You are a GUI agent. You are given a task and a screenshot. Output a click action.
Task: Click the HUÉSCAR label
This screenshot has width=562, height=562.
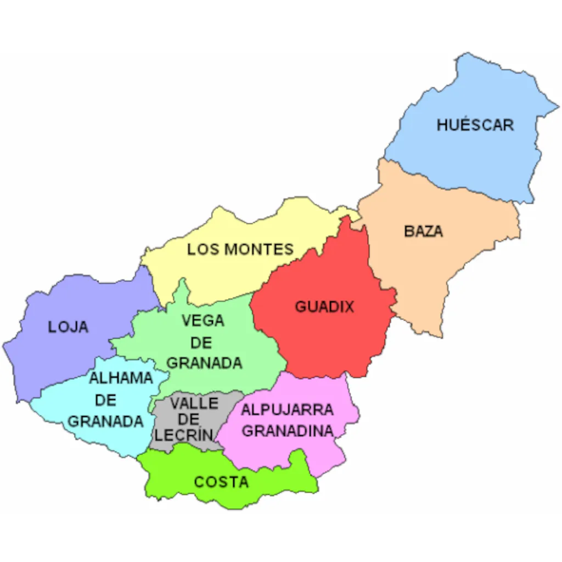[x=475, y=125]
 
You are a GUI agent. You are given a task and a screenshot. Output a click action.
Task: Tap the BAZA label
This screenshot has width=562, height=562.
[x=423, y=231]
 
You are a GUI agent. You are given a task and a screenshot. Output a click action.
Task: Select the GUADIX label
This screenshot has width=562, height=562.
[x=325, y=307]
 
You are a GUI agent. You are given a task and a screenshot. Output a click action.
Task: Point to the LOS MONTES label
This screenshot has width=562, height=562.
[x=240, y=250]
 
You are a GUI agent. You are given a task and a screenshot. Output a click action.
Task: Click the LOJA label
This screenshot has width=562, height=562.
[x=68, y=327]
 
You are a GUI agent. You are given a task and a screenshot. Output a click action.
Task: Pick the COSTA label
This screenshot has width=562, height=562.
[x=221, y=482]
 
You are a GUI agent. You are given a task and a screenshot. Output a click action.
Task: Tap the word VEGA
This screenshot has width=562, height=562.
[x=203, y=320]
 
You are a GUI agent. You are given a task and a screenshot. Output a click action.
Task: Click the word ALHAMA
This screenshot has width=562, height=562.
[x=121, y=378]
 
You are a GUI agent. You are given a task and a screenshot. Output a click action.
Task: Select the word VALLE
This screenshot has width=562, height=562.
[x=194, y=403]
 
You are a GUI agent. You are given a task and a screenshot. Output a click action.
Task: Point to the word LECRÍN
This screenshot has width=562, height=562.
[x=183, y=435]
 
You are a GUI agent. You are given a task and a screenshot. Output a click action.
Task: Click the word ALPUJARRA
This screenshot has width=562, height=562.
[x=287, y=410]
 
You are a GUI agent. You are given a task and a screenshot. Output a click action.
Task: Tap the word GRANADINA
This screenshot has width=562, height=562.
[x=288, y=431]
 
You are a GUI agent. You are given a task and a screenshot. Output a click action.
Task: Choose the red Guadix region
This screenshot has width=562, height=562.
[x=329, y=340]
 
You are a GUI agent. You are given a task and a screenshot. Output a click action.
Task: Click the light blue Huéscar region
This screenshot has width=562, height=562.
[x=472, y=159]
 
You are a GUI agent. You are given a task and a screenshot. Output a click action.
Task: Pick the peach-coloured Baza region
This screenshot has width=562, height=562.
[x=439, y=263]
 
